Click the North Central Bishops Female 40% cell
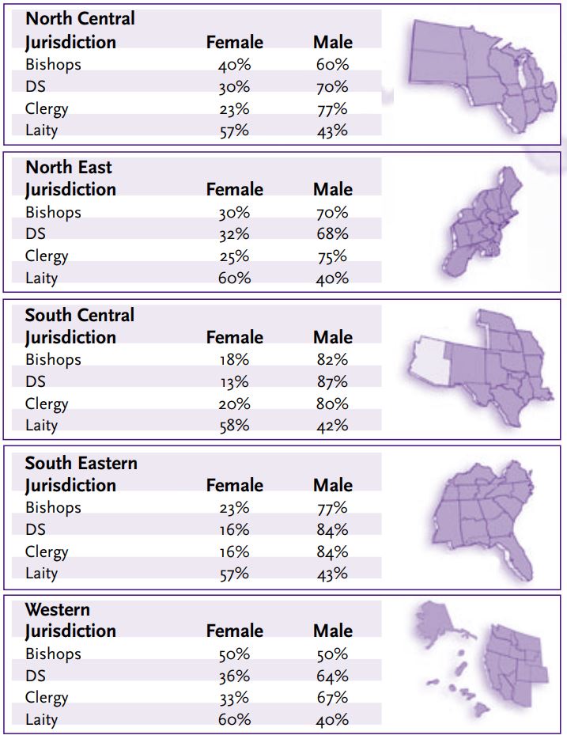click(x=234, y=65)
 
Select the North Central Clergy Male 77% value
click(x=332, y=109)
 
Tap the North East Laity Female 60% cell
click(x=234, y=278)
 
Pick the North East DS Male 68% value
click(x=332, y=234)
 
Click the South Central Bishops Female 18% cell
click(x=234, y=359)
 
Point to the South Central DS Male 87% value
click(x=332, y=381)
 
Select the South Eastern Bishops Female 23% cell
click(x=234, y=507)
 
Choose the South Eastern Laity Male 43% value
click(x=332, y=574)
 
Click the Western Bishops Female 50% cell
click(x=234, y=654)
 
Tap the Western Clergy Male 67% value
click(x=332, y=698)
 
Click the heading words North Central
click(x=80, y=18)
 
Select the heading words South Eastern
click(x=81, y=463)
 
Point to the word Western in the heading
click(x=58, y=609)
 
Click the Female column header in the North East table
click(x=234, y=189)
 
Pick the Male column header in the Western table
click(x=332, y=631)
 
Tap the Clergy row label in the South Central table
click(x=47, y=404)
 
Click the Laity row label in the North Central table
click(x=41, y=131)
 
